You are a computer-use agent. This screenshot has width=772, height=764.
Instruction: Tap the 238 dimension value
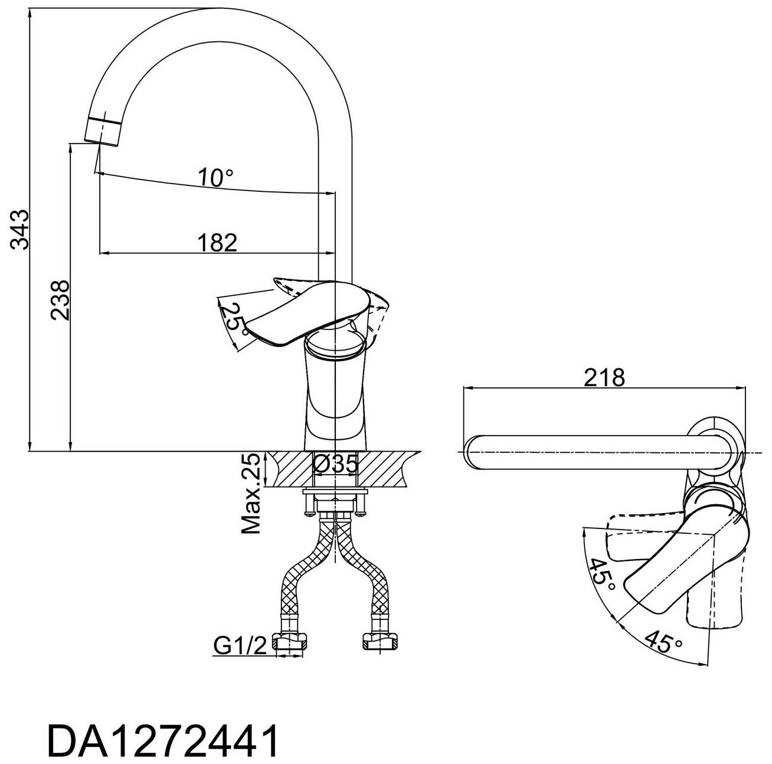tap(60, 299)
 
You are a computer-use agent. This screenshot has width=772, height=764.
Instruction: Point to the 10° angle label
tap(215, 177)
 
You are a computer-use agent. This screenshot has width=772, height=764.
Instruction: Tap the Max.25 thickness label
tap(253, 494)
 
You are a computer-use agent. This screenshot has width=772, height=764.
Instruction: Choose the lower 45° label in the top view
tap(663, 642)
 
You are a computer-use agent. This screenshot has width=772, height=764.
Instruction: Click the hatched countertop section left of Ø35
tap(289, 469)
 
